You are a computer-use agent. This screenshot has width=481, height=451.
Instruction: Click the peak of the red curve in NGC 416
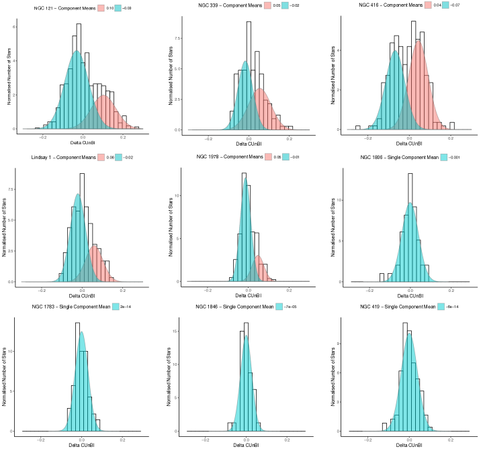click(x=418, y=42)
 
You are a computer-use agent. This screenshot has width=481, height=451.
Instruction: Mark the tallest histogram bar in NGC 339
click(x=249, y=21)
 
